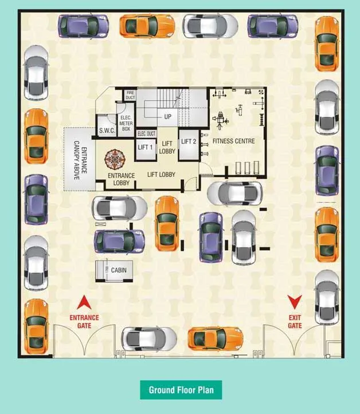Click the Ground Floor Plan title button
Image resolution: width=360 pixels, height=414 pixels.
181,390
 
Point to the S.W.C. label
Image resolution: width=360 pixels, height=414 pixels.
107,131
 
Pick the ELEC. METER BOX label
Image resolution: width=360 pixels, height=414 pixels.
126,124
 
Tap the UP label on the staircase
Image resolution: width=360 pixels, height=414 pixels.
168,117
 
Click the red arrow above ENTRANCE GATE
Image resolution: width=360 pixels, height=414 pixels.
84,302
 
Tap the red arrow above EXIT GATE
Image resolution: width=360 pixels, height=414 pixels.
295,302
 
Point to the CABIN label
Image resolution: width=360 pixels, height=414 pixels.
119,270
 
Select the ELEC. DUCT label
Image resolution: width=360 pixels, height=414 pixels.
146,134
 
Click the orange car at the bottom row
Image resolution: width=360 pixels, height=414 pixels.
216,338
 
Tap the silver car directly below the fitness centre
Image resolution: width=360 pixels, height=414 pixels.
234,193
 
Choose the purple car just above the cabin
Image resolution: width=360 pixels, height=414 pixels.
120,241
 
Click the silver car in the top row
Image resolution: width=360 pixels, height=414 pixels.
210,25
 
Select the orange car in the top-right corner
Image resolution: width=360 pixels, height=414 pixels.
327,44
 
